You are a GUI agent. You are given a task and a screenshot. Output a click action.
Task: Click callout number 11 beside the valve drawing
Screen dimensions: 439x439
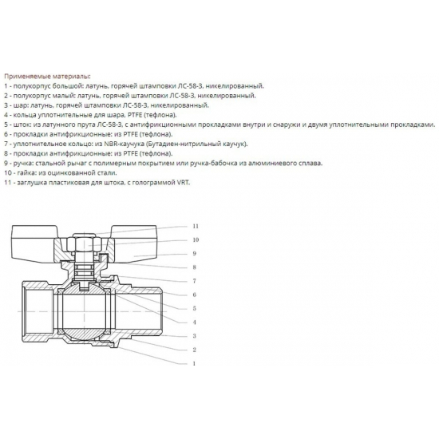point(194,227)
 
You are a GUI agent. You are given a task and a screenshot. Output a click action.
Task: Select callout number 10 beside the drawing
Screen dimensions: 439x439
point(194,239)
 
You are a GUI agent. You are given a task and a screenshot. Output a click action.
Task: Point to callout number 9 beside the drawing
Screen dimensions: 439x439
point(194,254)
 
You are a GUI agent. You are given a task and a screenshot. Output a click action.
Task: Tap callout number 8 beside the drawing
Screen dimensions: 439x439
point(194,267)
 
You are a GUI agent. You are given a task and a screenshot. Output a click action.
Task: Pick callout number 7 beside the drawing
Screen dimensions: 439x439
point(194,281)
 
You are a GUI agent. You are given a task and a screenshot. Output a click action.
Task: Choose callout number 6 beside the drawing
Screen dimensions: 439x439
point(194,295)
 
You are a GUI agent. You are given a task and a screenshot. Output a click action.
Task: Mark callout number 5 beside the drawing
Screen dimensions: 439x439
point(194,308)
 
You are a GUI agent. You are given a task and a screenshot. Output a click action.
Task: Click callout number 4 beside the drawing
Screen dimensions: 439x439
point(194,322)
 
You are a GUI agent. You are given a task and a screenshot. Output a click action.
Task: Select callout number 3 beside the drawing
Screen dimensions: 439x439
point(194,336)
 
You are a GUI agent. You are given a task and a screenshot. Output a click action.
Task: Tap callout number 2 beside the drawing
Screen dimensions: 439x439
point(194,350)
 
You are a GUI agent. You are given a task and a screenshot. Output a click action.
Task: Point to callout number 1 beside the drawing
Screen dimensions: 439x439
point(194,363)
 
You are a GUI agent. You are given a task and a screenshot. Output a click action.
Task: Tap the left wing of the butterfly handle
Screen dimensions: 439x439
point(32,239)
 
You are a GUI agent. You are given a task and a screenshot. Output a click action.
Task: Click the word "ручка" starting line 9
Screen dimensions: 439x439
point(25,162)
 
